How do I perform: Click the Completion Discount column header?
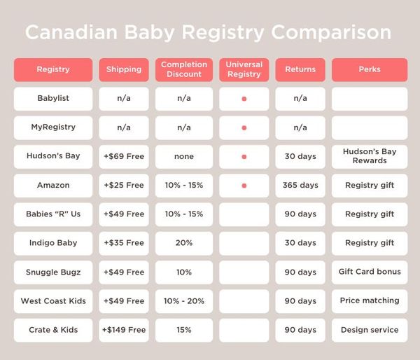[184, 69]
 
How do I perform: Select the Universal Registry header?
[244, 69]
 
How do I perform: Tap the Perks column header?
[369, 69]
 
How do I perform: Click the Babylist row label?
[53, 98]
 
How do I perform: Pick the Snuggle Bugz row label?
[53, 272]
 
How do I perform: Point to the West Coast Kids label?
[53, 300]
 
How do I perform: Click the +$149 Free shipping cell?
[124, 330]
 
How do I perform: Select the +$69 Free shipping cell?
[124, 156]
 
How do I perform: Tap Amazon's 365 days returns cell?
[300, 186]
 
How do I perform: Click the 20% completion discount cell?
[184, 243]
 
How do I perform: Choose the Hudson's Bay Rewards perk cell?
[369, 156]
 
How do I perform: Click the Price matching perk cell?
[369, 300]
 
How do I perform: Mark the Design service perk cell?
[369, 330]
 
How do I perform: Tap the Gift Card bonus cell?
[369, 272]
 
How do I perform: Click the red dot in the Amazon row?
[244, 186]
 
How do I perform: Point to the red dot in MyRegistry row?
[244, 127]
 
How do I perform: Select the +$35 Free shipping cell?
[124, 243]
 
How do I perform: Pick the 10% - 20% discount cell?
[184, 300]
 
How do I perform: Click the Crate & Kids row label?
[53, 330]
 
